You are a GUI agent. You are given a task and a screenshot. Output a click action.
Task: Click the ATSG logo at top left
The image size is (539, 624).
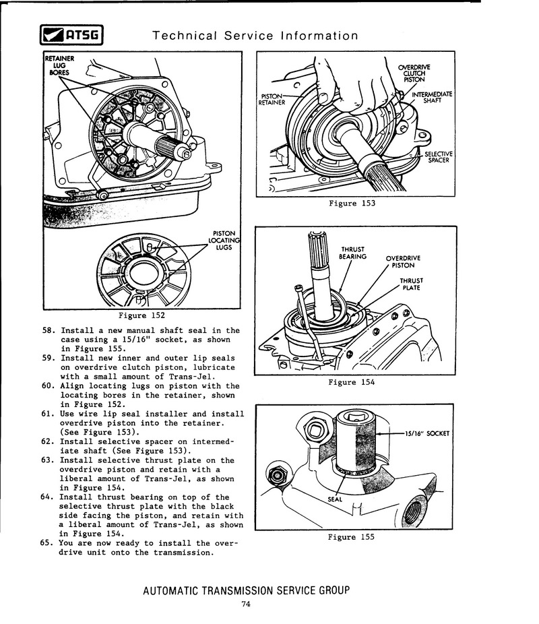point(70,36)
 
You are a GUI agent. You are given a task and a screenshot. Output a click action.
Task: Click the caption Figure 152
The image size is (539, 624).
point(142,315)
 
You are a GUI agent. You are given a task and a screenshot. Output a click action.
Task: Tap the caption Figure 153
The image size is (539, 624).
point(352,203)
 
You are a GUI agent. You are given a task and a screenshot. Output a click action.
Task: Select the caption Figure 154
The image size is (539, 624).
point(351,382)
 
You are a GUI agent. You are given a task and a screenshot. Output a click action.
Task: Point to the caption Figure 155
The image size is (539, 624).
point(350,537)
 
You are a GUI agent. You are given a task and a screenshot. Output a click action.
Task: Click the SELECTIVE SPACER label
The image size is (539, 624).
point(439,157)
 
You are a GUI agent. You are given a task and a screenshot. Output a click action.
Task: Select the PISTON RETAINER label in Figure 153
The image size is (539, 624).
point(273,99)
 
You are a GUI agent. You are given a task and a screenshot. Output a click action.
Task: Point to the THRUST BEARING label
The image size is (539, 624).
point(353,252)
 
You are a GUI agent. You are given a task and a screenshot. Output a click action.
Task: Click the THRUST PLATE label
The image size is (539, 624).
point(411,284)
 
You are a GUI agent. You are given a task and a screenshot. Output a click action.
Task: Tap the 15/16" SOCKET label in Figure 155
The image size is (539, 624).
point(426,433)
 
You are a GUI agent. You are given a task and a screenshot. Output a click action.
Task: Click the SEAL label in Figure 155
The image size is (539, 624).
point(335,499)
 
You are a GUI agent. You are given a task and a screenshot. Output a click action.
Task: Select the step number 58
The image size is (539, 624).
point(46,331)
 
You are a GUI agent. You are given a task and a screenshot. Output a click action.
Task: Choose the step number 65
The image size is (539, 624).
point(46,542)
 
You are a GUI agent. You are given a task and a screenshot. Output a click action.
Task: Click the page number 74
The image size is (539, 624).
point(246,604)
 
